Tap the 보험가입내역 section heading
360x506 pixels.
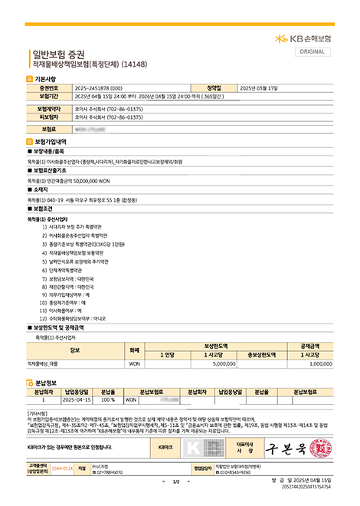point(51,143)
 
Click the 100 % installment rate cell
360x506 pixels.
point(107,399)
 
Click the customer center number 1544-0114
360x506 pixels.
point(61,467)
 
